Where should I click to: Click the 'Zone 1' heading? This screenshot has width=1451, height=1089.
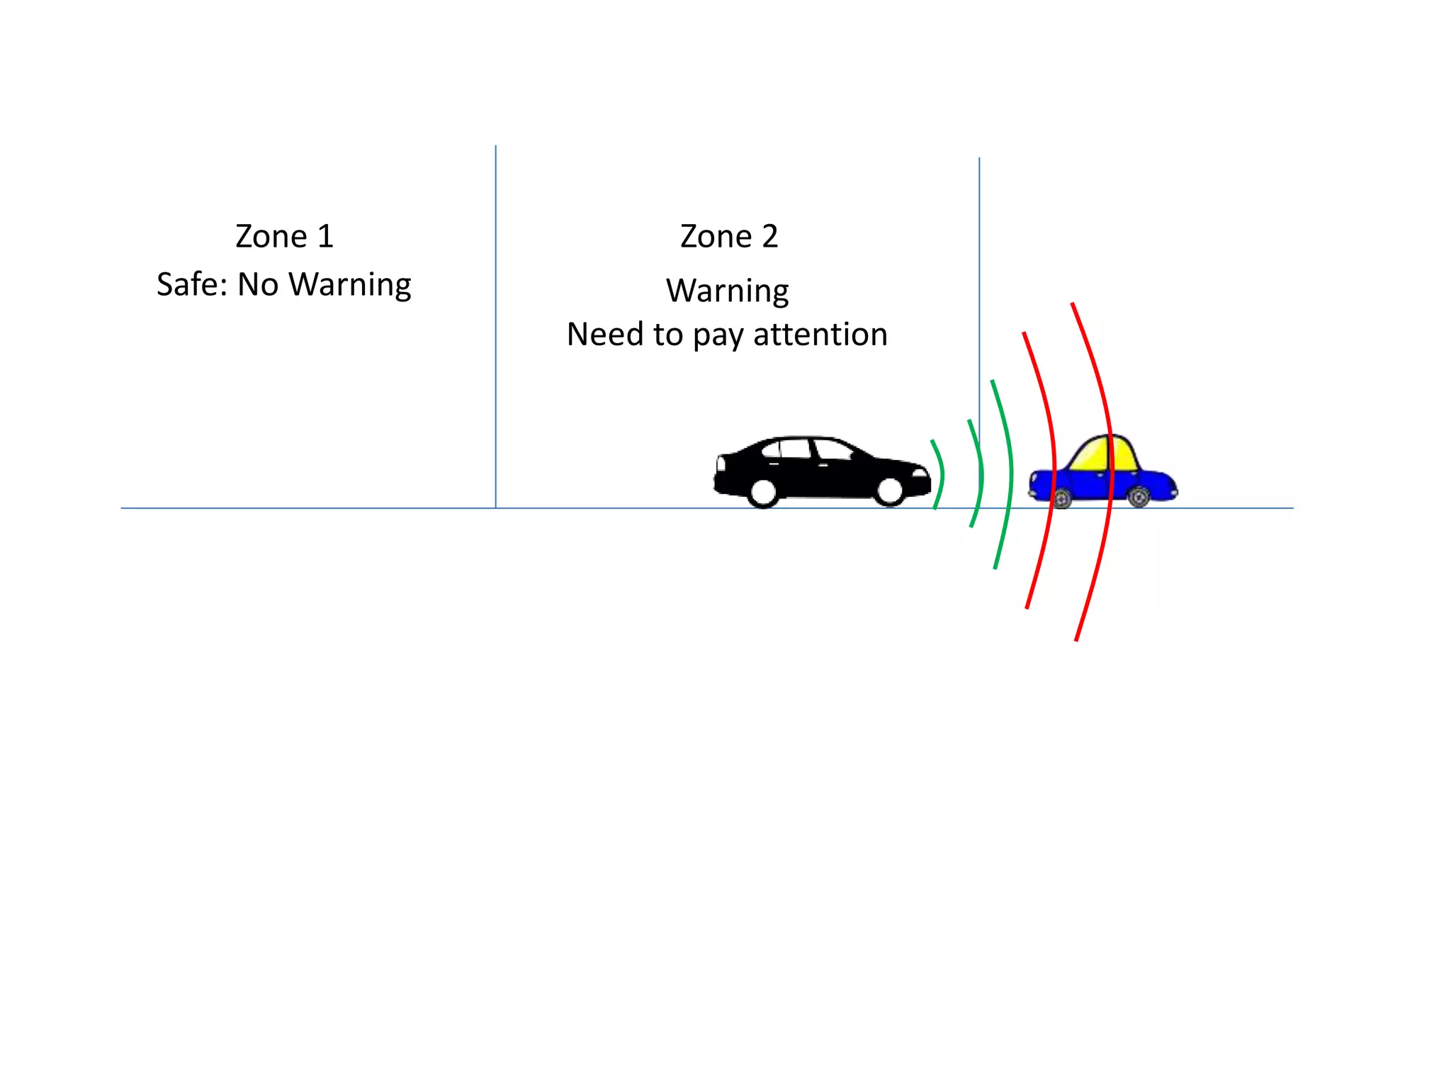[284, 236]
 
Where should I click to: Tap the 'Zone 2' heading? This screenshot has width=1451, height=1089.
[729, 236]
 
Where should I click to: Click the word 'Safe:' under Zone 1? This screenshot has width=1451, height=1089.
[191, 284]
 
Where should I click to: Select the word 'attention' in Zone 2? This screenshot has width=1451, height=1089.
[820, 334]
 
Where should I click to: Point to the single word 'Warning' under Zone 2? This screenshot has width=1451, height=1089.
[728, 291]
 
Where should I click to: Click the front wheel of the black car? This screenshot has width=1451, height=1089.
[890, 490]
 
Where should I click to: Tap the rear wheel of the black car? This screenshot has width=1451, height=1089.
[764, 491]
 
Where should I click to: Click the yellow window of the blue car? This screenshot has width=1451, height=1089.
[1102, 454]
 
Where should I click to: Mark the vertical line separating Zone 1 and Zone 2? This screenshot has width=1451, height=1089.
[496, 326]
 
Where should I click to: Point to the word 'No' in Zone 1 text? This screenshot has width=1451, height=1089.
[258, 284]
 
